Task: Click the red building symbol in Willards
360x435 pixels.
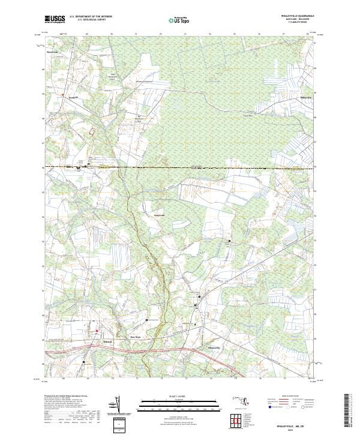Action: pos(96,331)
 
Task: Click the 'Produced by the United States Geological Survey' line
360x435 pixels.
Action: pos(66,397)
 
